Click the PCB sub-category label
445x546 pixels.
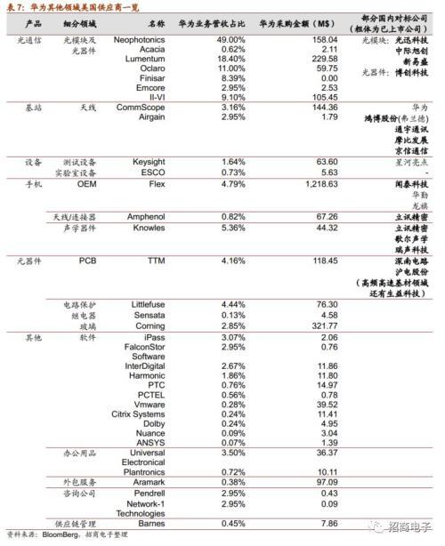pos(87,261)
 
